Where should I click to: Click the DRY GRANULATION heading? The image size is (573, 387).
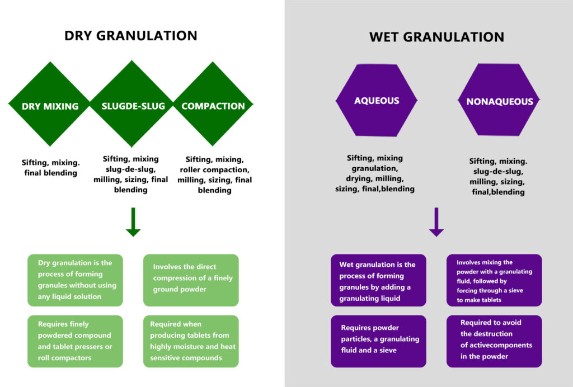coord(130,36)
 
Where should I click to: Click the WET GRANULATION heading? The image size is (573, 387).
coord(436,37)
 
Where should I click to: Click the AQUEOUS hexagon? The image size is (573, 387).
coord(376,101)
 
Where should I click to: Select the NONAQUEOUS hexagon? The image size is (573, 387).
coord(500,102)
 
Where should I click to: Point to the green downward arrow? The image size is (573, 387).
coord(133,222)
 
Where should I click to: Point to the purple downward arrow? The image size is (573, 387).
coord(436,222)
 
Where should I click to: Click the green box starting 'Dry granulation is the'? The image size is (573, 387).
coord(75,280)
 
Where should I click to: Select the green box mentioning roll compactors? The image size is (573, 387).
coord(75,341)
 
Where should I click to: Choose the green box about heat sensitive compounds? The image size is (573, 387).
coord(191,341)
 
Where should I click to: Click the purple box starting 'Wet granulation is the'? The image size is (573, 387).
coord(378,280)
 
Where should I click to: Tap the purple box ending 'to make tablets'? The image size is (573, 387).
coord(494,280)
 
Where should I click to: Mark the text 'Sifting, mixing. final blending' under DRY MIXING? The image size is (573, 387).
coord(50,168)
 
